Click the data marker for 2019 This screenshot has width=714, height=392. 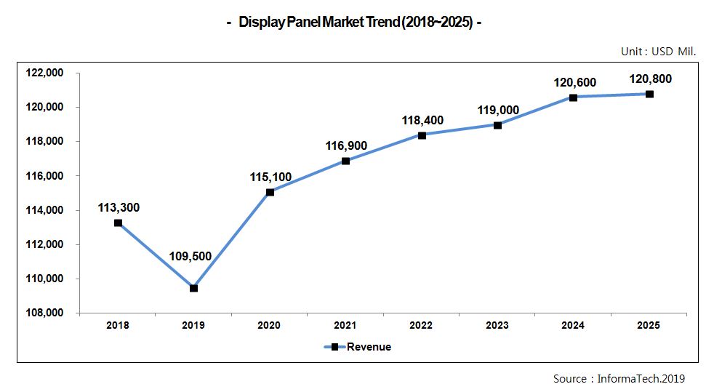[x=193, y=288]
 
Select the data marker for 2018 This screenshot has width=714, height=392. [x=118, y=223]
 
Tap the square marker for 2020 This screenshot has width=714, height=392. [x=270, y=192]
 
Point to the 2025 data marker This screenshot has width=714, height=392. [x=649, y=94]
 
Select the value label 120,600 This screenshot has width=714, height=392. [x=574, y=83]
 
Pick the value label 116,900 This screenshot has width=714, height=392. [x=346, y=146]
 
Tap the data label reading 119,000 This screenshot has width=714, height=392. [x=498, y=110]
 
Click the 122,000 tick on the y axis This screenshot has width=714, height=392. [x=45, y=73]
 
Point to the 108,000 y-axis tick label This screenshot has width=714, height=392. [x=45, y=313]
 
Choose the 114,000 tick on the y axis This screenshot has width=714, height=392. [x=45, y=210]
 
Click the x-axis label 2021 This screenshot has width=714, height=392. [x=345, y=326]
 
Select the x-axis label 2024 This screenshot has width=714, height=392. [x=573, y=326]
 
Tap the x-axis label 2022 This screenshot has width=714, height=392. [x=422, y=326]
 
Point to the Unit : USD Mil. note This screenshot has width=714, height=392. [x=658, y=52]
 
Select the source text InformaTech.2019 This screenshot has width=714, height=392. [x=619, y=378]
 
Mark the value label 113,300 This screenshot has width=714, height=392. [x=119, y=208]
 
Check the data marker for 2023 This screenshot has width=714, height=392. [x=497, y=125]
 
